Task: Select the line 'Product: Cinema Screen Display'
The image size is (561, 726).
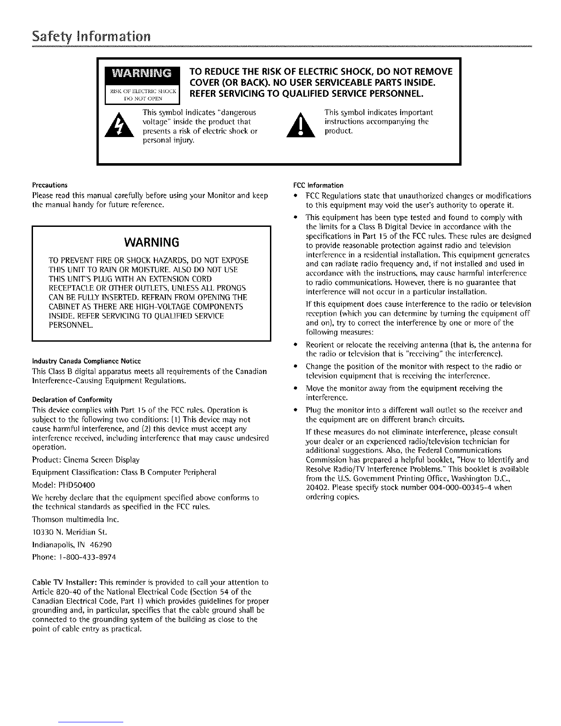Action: click(86, 460)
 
